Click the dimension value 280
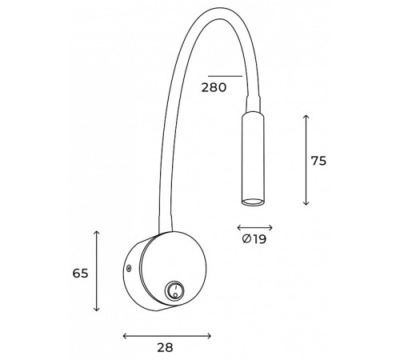coord(214,88)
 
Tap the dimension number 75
coord(318,160)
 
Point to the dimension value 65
coord(80,273)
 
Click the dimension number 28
coord(166,349)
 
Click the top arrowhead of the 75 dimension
coord(306,117)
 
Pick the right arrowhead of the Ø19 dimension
coord(271,227)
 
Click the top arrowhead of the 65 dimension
coord(97,233)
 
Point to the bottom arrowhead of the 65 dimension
coord(97,310)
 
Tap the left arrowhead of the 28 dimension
coord(125,335)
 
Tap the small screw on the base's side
coord(128,269)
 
